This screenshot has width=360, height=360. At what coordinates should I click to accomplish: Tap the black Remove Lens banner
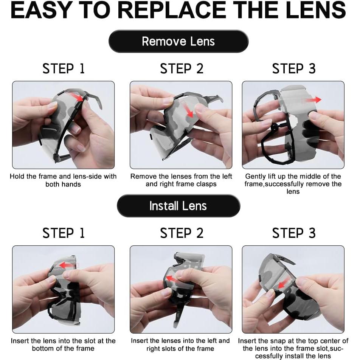178,41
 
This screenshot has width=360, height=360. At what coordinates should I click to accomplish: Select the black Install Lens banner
178,206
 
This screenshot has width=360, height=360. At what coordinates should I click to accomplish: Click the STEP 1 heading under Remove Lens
64,68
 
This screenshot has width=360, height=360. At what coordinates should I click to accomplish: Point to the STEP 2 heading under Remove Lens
182,68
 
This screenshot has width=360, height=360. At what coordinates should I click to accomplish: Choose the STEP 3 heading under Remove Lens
294,68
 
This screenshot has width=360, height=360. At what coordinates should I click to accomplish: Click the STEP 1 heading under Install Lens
64,233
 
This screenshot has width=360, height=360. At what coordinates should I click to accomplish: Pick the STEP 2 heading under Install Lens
182,233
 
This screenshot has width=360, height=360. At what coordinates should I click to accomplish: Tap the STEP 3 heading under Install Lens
294,233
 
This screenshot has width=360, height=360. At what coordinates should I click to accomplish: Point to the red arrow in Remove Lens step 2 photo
188,110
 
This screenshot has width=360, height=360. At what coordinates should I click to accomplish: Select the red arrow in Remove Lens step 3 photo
311,100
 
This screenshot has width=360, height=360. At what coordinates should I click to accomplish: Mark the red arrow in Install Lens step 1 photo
67,265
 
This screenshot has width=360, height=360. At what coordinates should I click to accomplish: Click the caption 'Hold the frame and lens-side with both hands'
63,180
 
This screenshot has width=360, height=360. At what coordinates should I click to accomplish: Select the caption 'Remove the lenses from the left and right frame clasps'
181,180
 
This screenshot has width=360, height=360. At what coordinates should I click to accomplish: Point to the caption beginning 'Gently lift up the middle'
293,184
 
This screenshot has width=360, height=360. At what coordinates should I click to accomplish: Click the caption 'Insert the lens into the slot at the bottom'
63,344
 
